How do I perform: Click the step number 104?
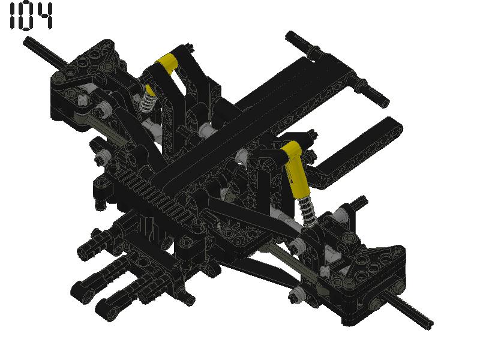point(31,16)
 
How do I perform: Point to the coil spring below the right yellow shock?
point(310,209)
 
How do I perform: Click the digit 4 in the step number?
point(44,16)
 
